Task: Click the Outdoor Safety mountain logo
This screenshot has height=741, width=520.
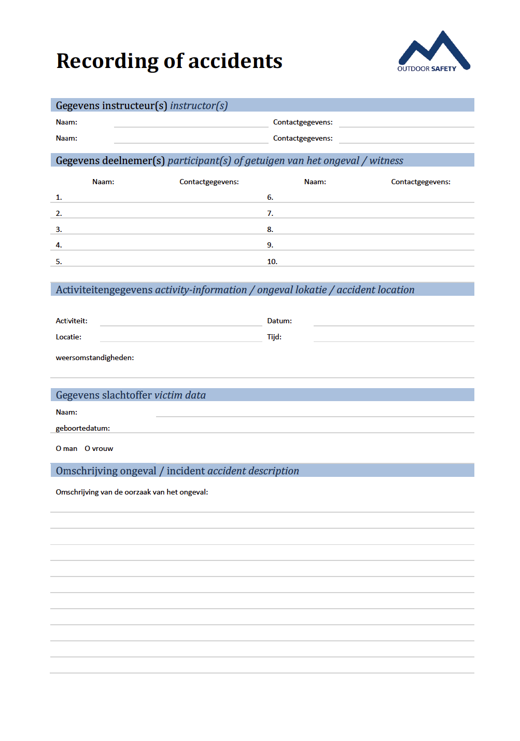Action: point(433,52)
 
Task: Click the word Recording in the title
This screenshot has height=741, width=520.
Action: point(107,61)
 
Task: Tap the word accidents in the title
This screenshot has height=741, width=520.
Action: point(235,61)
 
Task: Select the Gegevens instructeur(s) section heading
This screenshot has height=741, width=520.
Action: point(142,106)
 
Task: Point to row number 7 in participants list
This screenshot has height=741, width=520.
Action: point(270,213)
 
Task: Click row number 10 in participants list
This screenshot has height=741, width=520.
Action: point(272,262)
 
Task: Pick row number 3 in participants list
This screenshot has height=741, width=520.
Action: point(59,229)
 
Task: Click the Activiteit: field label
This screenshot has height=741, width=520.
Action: point(72,321)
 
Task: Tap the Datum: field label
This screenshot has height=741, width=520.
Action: point(279,321)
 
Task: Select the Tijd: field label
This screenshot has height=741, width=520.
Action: point(274,337)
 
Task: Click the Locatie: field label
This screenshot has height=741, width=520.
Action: point(68,337)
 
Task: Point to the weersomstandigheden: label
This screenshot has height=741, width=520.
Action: point(95,358)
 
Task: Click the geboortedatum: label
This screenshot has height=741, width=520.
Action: point(83,428)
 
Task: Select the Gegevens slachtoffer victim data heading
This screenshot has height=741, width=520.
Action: point(131,395)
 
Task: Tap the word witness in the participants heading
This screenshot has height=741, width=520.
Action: point(386,161)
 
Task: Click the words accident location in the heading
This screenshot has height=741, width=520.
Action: point(375,290)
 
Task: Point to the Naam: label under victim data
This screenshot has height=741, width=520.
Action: point(66,412)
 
